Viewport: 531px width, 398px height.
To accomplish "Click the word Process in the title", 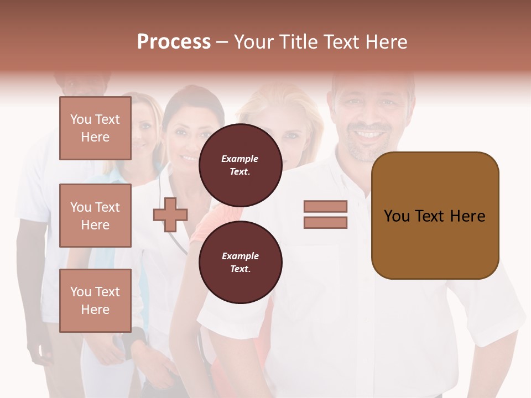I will point(174,42).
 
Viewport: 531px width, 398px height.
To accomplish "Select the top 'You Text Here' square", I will point(95,128).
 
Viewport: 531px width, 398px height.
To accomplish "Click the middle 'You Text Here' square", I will point(95,216).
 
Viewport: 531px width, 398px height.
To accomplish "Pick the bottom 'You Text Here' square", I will point(95,300).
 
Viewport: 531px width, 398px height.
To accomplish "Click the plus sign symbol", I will point(170,214).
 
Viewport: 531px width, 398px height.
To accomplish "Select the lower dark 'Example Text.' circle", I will point(240,262).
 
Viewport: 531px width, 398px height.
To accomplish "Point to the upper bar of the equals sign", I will point(325,206).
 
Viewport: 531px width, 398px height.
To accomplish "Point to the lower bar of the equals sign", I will point(325,223).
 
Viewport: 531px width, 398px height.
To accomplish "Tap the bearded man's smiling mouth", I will point(369,134).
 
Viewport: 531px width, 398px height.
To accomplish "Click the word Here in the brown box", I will point(467,216).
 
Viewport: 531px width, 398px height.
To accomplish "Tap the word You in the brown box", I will point(397,216).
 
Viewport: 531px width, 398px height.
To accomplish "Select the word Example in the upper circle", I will point(240,159).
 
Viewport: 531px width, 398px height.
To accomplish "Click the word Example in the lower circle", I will point(240,256).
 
